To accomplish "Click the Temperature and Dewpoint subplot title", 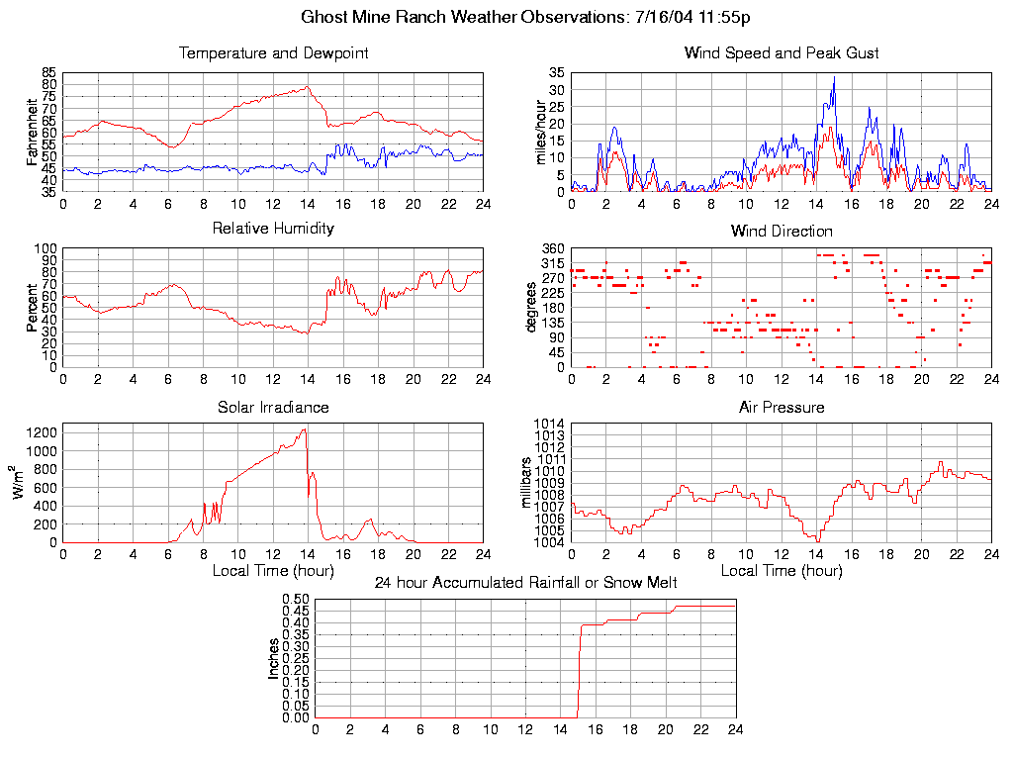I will [273, 53].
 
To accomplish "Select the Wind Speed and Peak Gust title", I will [782, 53].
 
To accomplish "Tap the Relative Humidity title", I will [273, 229].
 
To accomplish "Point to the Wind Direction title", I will [782, 232].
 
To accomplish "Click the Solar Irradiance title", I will [273, 407].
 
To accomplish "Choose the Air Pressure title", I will [782, 407].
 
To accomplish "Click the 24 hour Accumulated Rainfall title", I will [525, 583].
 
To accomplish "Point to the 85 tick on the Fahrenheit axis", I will [48, 73].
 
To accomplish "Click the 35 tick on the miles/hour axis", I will [555, 73].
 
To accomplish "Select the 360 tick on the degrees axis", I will [551, 248].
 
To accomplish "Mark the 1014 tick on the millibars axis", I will [549, 425].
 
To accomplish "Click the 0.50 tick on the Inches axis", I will [297, 600].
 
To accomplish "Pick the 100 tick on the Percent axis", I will [46, 248].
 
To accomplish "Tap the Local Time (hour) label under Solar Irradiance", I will [273, 570].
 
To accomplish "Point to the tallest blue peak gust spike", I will [834, 77].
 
